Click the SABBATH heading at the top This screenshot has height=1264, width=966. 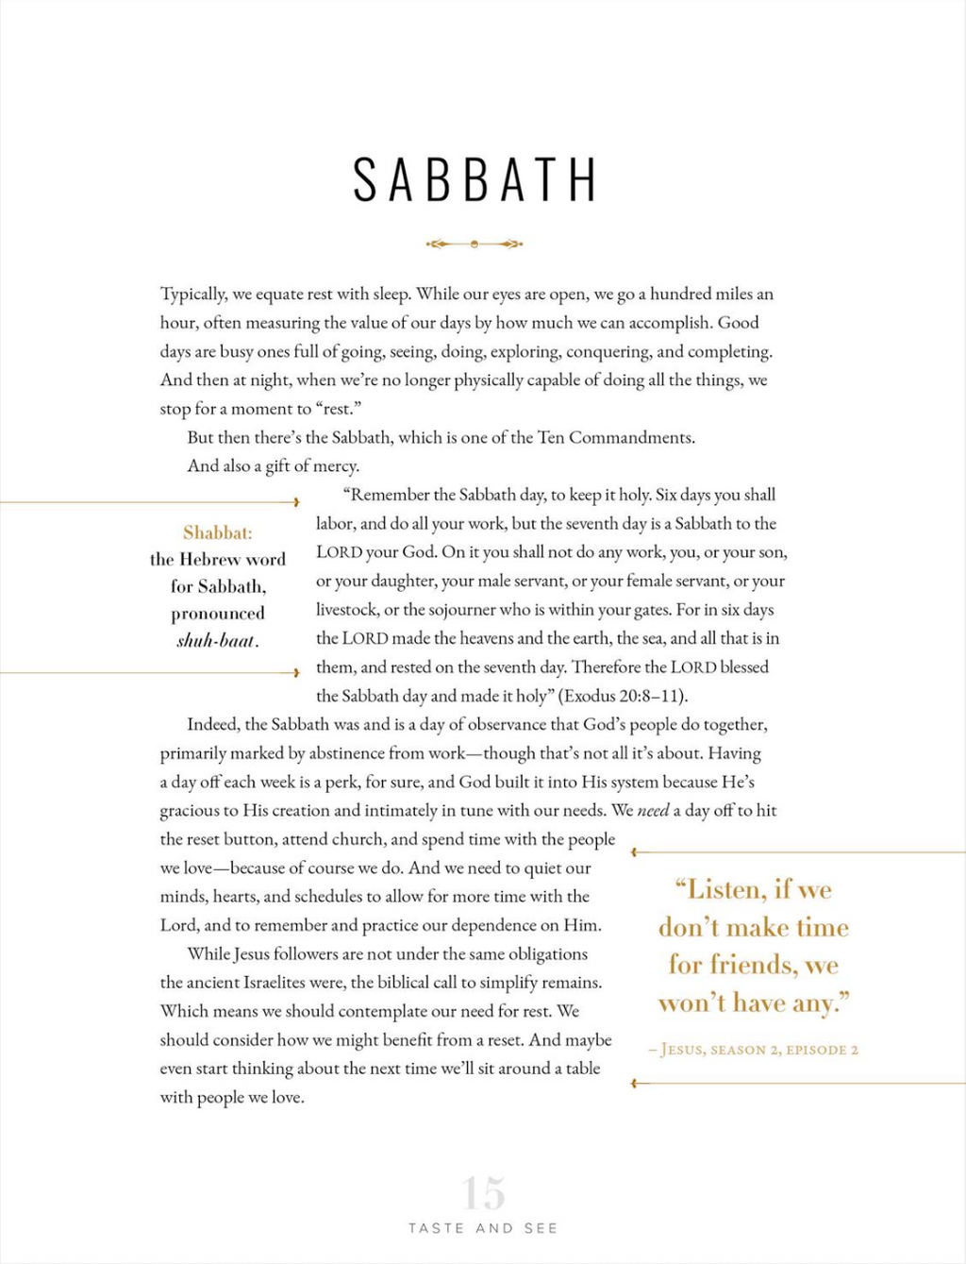tap(475, 179)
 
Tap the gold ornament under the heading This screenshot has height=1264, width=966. tap(475, 244)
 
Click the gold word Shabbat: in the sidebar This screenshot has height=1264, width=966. tap(218, 532)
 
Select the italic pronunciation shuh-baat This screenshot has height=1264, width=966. tap(217, 641)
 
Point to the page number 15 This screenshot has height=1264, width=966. tap(483, 1193)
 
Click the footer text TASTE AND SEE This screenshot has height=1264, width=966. tap(483, 1228)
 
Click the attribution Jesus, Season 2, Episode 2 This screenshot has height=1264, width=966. tap(755, 1050)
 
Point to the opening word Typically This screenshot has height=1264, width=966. tap(192, 295)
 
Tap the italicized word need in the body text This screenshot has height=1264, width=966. tap(653, 811)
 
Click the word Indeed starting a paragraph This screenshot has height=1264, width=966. tap(213, 725)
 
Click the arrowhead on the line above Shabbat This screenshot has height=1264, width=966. tap(296, 502)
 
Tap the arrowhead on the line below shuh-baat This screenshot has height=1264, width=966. tap(296, 672)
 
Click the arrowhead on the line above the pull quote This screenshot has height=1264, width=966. tap(635, 852)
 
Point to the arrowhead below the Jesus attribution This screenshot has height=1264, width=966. tap(635, 1084)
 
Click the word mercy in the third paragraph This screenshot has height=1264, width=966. tap(337, 466)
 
